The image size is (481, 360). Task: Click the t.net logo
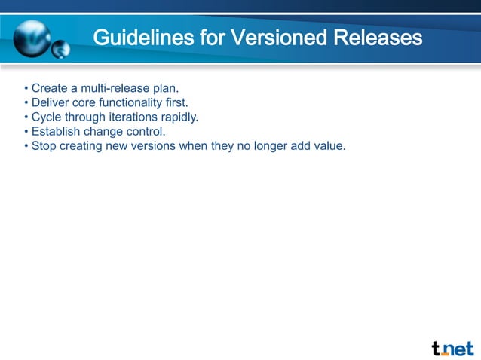pyautogui.click(x=452, y=348)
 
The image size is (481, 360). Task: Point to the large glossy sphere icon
pyautogui.click(x=31, y=36)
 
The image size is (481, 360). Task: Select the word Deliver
pyautogui.click(x=51, y=103)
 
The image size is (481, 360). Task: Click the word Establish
pyautogui.click(x=57, y=131)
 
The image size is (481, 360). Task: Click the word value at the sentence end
pyautogui.click(x=329, y=145)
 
